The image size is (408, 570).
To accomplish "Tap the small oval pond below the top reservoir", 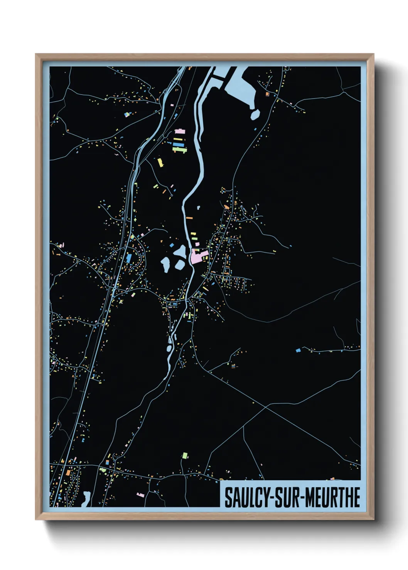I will pos(255,114).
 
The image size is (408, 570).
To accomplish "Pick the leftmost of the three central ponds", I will pos(165,264).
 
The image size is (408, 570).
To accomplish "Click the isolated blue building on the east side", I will pos(298,350).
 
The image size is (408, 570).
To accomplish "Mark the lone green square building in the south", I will pos(185,456).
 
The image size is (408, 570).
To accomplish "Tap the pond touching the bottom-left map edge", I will pos(86,498).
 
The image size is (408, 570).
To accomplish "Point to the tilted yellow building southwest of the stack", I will pos(160,162).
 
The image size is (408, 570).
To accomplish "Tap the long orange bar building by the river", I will pos(189,218).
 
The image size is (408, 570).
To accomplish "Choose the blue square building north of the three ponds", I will pos(172,245).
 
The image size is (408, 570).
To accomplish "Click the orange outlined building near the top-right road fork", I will pos(267,94).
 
